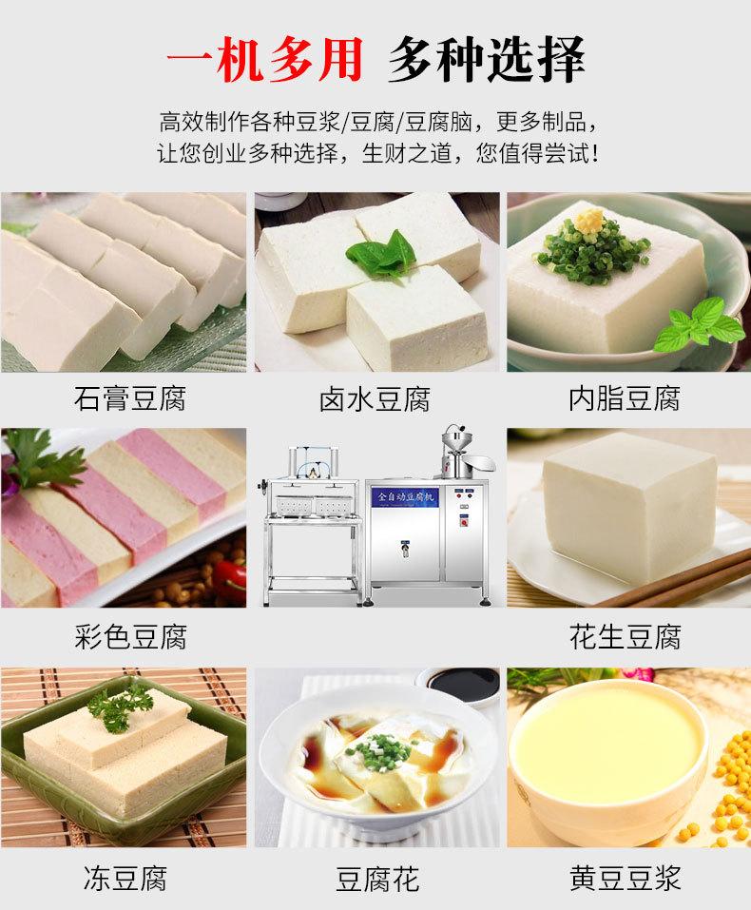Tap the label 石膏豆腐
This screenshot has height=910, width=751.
tap(129, 398)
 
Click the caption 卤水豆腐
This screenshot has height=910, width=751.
tap(375, 398)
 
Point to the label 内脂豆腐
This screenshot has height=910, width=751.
tap(625, 398)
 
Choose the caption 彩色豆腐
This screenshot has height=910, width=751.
tap(129, 636)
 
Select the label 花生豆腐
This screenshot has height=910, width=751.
tap(625, 636)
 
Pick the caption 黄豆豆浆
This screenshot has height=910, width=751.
tap(625, 877)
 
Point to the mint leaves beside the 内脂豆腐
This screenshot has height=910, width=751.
tap(703, 323)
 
